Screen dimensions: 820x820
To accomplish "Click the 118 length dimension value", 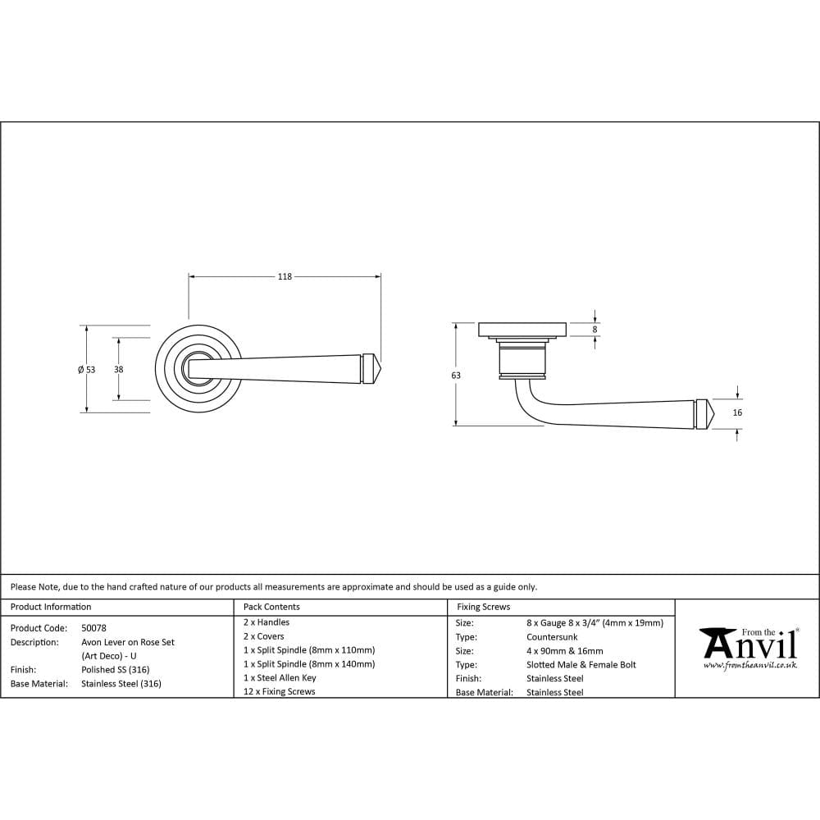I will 284,277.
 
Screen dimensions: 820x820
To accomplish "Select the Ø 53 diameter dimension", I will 86,370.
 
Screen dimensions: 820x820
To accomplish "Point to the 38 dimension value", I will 119,370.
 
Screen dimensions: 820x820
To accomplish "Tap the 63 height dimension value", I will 456,376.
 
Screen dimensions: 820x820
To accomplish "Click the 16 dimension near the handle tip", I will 737,413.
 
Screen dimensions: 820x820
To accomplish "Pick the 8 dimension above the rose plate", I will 595,329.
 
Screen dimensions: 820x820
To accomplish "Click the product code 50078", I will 93,628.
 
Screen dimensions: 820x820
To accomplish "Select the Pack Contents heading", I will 271,607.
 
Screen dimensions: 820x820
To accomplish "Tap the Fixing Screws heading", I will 483,607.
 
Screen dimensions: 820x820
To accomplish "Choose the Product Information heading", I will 51,607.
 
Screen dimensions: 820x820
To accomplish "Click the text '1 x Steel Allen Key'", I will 280,678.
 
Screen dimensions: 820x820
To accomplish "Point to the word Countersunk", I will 552,637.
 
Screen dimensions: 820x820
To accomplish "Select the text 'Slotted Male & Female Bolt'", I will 581,665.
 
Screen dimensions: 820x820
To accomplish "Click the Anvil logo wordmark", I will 748,645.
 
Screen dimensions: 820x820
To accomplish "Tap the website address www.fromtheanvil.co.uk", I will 749,666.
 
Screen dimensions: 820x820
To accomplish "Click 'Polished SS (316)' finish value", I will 116,670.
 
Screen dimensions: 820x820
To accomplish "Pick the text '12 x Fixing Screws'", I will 280,692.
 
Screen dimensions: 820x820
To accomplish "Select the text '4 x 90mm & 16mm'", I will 565,651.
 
